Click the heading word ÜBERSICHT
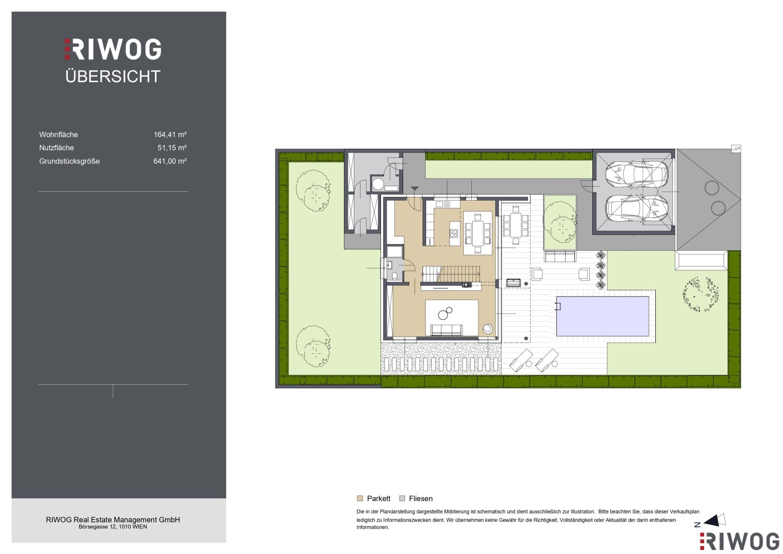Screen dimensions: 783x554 coord(113,76)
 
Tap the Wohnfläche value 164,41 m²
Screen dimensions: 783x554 coord(170,134)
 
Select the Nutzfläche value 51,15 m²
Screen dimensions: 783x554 coord(172,148)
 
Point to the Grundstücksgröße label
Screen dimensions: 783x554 coord(69,161)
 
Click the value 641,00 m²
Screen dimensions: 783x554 coord(170,161)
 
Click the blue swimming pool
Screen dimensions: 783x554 coord(603,316)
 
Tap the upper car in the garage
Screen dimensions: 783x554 coord(636,174)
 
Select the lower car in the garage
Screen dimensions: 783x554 coord(636,208)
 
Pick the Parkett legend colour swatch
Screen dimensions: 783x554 coord(360,499)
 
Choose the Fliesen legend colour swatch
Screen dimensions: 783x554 coord(402,499)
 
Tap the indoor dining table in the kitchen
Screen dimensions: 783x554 coord(478,233)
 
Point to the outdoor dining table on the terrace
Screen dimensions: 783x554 coord(516,225)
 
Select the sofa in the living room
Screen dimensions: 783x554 coord(447,330)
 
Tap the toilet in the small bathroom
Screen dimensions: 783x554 coord(395,276)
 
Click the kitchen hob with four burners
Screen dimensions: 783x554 coord(454,233)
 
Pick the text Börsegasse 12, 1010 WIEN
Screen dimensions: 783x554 coord(113,527)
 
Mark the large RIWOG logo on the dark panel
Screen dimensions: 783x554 coord(113,49)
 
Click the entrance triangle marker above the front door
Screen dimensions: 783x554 coord(414,189)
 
